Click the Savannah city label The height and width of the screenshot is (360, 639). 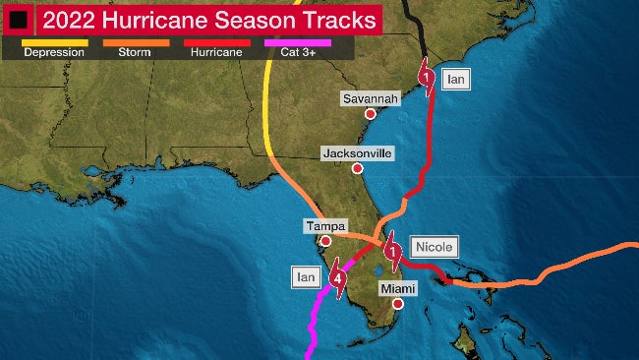click(x=371, y=98)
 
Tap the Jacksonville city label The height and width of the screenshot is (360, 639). click(x=357, y=153)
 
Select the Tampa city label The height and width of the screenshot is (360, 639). click(x=324, y=226)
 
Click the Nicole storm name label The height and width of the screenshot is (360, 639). click(x=433, y=247)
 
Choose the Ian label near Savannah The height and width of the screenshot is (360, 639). click(x=453, y=78)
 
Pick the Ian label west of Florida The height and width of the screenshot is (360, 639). click(x=305, y=277)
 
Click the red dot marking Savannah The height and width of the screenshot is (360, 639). click(x=371, y=114)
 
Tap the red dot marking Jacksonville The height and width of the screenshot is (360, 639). click(x=358, y=168)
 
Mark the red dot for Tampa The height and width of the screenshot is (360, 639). click(x=325, y=240)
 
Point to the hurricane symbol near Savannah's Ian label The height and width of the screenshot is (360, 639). click(x=426, y=78)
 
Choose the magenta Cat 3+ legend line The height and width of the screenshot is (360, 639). click(x=297, y=42)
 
